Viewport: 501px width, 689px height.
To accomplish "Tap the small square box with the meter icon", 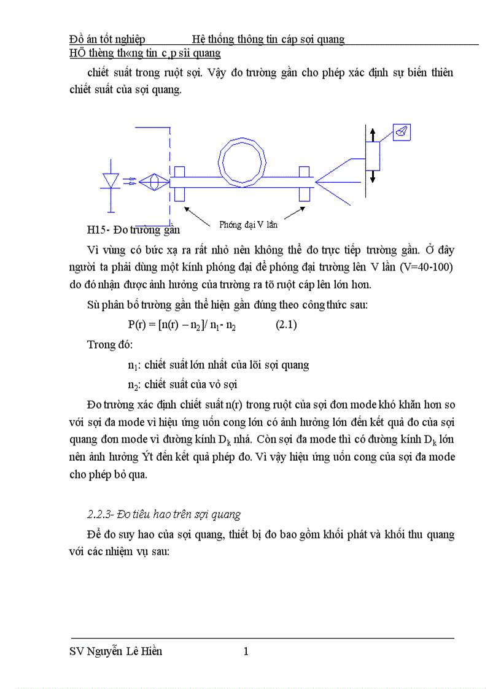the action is pyautogui.click(x=402, y=132).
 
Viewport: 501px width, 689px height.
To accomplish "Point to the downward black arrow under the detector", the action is pyautogui.click(x=372, y=175).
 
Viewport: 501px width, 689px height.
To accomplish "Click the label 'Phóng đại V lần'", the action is pyautogui.click(x=248, y=225).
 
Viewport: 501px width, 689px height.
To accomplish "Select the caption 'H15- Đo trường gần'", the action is pyautogui.click(x=133, y=230).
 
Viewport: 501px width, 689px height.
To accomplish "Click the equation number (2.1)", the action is pyautogui.click(x=285, y=325).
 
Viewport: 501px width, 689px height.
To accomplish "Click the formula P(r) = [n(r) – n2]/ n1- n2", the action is pyautogui.click(x=182, y=325).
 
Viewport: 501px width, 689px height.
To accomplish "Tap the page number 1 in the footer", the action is pyautogui.click(x=246, y=652).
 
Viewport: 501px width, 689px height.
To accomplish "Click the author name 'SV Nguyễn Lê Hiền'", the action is pyautogui.click(x=117, y=652).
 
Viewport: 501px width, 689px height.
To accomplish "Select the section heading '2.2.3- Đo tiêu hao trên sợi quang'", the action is pyautogui.click(x=164, y=514).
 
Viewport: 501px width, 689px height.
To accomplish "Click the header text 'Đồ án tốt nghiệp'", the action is pyautogui.click(x=107, y=39).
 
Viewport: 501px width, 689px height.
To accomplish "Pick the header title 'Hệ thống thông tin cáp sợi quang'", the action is pyautogui.click(x=268, y=39).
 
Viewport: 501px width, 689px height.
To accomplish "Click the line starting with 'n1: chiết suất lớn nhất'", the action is pyautogui.click(x=218, y=365).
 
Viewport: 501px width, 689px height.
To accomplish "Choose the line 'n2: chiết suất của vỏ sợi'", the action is pyautogui.click(x=182, y=385).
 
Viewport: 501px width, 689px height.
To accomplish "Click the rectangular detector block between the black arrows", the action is pyautogui.click(x=372, y=155).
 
